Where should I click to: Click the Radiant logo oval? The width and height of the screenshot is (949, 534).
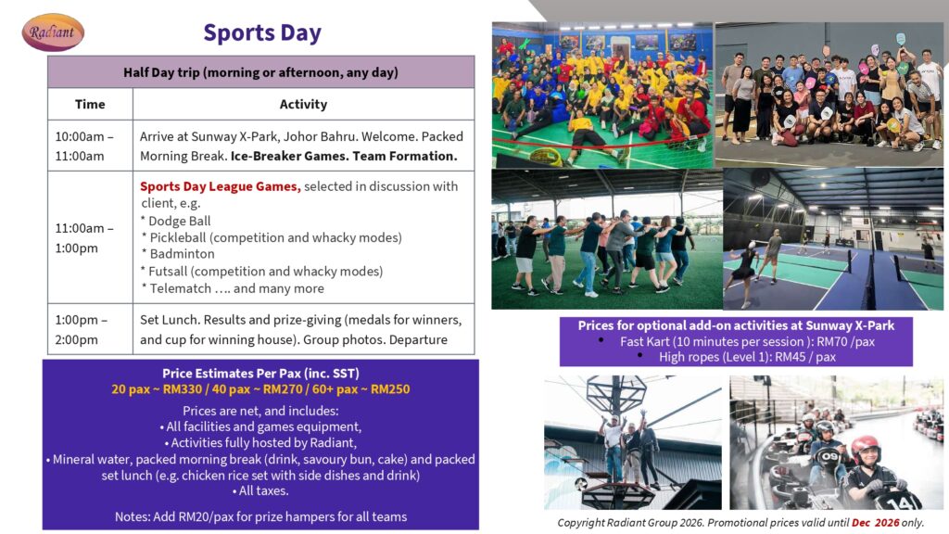(53, 32)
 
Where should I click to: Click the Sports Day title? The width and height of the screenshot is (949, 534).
(262, 32)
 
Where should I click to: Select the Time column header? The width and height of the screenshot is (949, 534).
(90, 104)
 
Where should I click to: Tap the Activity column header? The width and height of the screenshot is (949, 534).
(303, 104)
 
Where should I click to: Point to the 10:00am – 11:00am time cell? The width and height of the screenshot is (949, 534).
(84, 146)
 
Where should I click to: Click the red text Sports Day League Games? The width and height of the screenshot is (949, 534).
(221, 186)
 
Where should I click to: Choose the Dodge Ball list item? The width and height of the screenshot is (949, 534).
(176, 221)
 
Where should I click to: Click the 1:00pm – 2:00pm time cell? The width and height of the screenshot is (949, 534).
(82, 329)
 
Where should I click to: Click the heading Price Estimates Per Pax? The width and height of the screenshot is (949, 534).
(260, 374)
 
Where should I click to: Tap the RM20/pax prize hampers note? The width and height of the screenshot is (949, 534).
(260, 516)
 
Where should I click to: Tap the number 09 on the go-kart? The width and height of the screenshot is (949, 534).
(829, 456)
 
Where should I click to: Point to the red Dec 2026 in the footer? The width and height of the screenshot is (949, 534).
(875, 523)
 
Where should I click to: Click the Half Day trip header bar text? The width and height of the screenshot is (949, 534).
(260, 72)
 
